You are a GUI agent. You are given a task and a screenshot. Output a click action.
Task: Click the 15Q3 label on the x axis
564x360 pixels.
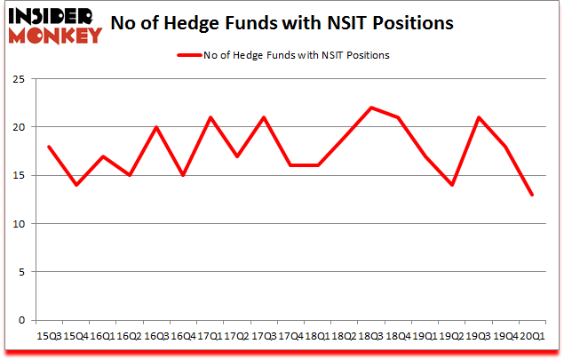(48, 336)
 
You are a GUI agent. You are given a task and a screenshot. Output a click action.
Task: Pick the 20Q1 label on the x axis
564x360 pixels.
(532, 336)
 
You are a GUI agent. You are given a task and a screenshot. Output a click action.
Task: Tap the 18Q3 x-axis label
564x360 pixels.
(370, 336)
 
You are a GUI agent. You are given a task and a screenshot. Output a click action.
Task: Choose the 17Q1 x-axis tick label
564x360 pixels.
(210, 336)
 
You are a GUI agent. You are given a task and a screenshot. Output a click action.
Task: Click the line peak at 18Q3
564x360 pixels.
(370, 108)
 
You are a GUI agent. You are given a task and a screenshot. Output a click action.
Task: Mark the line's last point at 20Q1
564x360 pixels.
(532, 195)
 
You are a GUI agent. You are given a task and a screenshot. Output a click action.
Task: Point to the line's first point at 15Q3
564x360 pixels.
(48, 147)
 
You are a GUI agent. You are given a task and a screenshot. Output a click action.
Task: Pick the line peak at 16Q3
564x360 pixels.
(155, 127)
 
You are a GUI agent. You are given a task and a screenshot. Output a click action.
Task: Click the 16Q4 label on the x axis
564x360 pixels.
(183, 336)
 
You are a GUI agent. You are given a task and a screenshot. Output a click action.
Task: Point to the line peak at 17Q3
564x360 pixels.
(263, 117)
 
